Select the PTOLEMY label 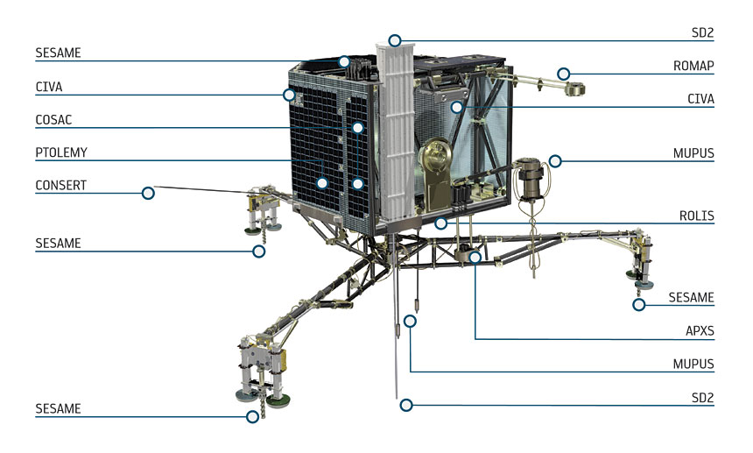point(61,152)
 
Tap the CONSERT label point(61,185)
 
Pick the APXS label point(700,331)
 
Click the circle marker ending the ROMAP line point(564,74)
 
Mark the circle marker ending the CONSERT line point(149,192)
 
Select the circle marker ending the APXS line point(475,258)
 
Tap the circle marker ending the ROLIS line point(441,223)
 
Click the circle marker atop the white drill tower point(395,40)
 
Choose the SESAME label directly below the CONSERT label point(58,243)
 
